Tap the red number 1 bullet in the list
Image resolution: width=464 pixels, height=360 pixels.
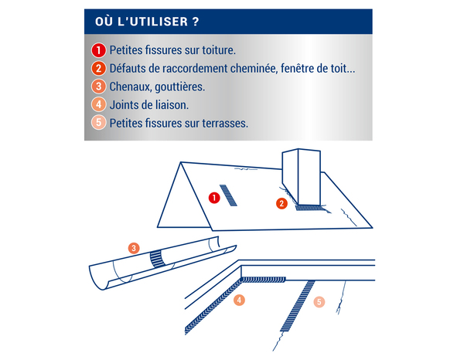(98, 49)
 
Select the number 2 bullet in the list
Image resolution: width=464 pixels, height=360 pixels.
(98, 68)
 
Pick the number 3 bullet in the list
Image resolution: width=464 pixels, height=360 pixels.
(98, 87)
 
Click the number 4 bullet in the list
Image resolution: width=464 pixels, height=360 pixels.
(98, 104)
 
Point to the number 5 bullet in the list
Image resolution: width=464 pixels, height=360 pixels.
(98, 122)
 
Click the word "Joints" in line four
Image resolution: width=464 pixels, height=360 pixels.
(125, 104)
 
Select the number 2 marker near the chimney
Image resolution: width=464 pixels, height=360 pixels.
(282, 203)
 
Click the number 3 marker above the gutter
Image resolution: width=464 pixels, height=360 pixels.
(134, 248)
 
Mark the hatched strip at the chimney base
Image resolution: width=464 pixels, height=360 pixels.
(308, 206)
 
